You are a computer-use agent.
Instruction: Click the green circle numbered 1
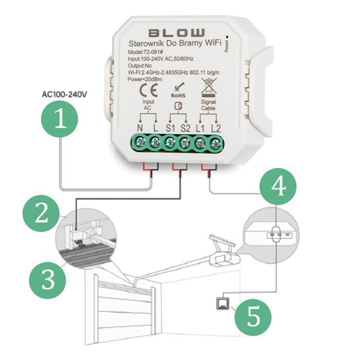(60, 119)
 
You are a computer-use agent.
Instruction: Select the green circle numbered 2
(41, 213)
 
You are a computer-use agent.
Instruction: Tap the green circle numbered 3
(47, 280)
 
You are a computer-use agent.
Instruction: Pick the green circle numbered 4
(278, 186)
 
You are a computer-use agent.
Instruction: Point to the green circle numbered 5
(253, 318)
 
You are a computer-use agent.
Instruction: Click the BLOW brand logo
(176, 33)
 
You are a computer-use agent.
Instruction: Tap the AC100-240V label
(64, 94)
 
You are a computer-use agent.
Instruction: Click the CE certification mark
(149, 91)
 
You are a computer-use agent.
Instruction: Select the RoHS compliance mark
(178, 91)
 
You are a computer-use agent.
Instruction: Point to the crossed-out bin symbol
(209, 88)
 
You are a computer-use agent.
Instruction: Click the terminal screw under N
(139, 142)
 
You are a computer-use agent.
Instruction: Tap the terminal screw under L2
(215, 145)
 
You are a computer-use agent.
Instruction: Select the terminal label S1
(170, 129)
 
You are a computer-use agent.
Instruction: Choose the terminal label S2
(185, 129)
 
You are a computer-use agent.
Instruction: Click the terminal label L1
(200, 129)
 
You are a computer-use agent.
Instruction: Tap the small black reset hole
(227, 37)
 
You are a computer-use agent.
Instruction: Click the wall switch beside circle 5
(223, 303)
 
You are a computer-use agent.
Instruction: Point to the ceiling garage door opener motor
(224, 259)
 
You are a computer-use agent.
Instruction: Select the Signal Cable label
(208, 105)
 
